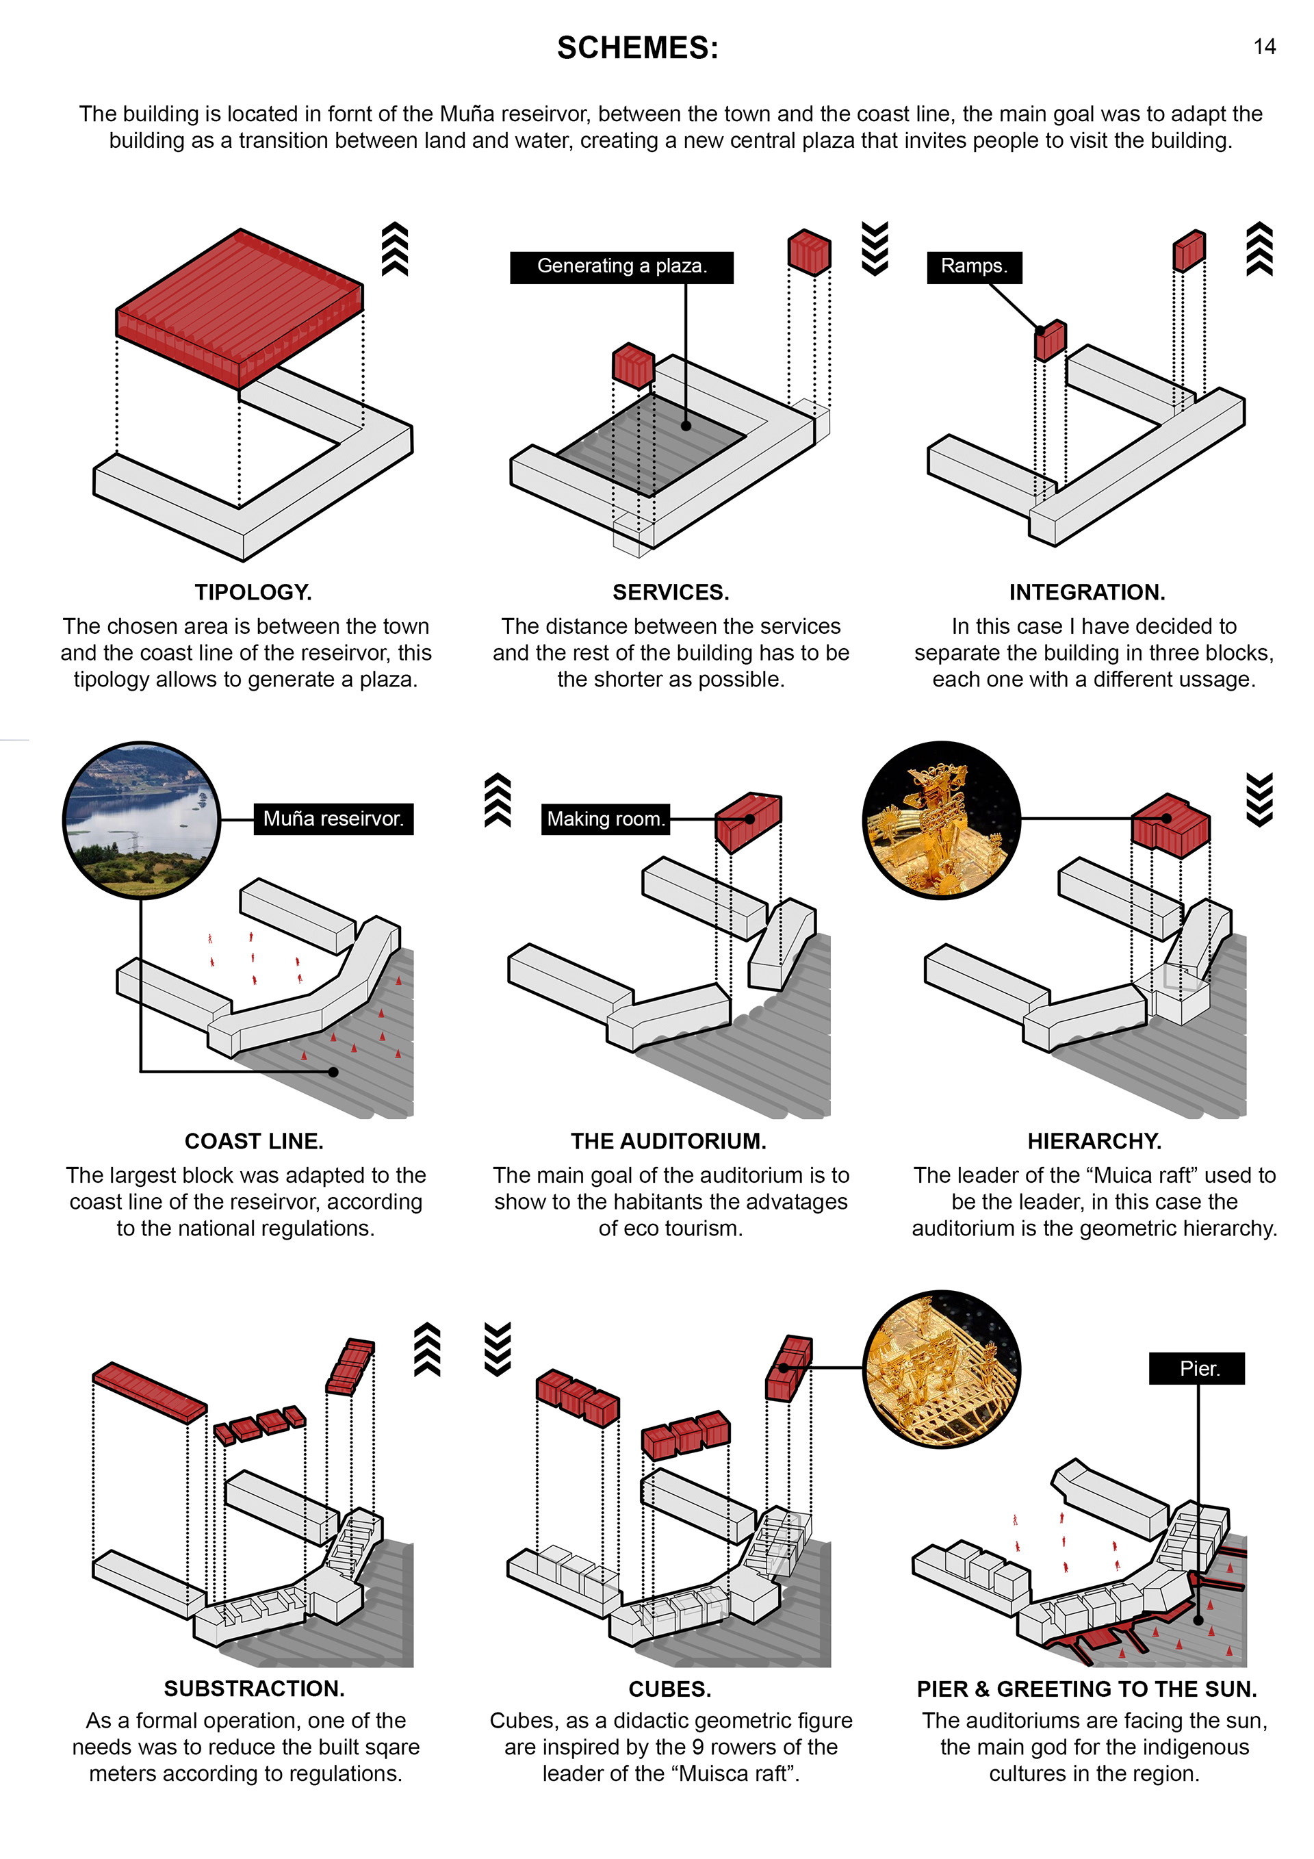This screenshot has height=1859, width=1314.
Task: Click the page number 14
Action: pos(1264,47)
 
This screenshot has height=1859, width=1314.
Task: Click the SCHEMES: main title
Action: pos(637,49)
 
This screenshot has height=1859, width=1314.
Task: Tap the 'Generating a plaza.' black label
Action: pos(621,266)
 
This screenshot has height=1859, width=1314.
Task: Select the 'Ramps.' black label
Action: pos(973,266)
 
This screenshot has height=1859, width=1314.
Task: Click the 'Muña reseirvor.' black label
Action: pos(333,819)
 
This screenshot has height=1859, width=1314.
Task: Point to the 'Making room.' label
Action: pos(605,819)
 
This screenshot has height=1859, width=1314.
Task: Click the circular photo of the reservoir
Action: pos(142,819)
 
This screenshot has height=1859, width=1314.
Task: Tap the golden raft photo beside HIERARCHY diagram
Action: pos(941,819)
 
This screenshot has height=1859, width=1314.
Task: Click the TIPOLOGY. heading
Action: pos(253,592)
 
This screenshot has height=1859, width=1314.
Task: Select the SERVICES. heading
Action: pos(671,592)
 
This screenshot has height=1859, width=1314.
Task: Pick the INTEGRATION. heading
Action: pos(1087,592)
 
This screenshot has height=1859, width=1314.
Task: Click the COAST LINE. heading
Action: pos(253,1141)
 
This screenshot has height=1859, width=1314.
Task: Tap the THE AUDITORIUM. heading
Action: pos(668,1141)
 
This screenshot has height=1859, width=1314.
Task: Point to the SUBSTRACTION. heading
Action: pos(253,1688)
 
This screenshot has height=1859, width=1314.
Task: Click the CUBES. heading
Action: pos(669,1689)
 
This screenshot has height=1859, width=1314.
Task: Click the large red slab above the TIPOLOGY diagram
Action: pos(240,306)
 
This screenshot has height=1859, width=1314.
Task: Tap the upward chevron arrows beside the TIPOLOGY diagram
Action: pos(394,248)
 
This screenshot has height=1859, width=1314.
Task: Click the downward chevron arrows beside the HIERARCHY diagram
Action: pos(1259,799)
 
